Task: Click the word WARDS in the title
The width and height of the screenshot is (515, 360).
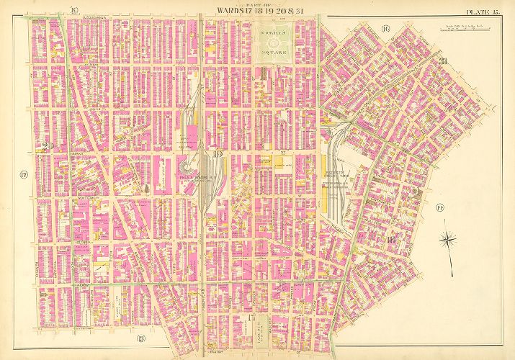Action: tap(224, 11)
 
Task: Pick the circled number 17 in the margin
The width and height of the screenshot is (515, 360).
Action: tap(23, 175)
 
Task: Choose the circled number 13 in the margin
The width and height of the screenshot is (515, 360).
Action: tap(141, 338)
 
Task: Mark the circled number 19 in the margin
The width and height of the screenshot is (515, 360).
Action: tap(74, 9)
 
